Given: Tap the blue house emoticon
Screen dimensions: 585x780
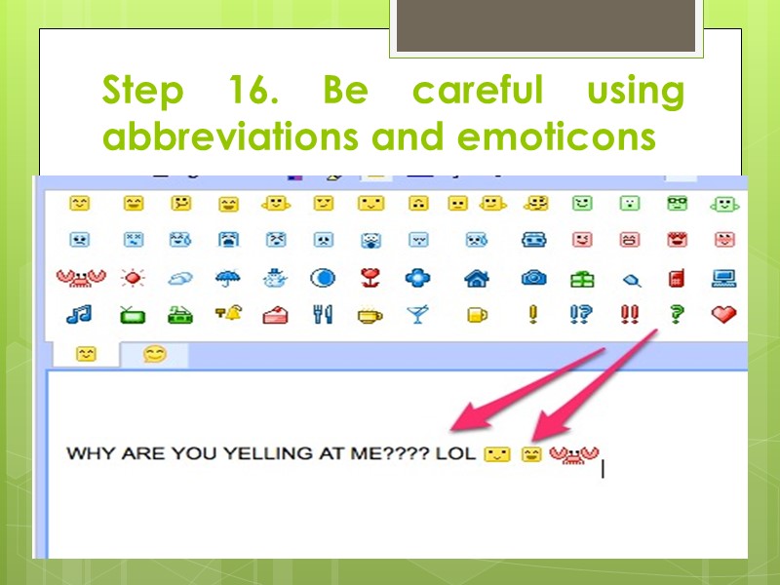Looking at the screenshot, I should [476, 279].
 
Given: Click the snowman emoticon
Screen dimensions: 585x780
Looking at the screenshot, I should [275, 279].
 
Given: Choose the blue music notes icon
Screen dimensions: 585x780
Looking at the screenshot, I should [79, 314].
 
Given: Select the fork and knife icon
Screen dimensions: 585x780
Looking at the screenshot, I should [323, 314].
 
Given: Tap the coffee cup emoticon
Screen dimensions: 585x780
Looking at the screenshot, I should [370, 314].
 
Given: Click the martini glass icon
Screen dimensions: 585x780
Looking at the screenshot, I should [417, 314].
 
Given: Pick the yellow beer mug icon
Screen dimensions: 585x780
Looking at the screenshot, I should [476, 314].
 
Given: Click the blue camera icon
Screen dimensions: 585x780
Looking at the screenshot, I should [533, 279].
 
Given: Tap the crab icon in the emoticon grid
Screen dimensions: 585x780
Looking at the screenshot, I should [78, 279].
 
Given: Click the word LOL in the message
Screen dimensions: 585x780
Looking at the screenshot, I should [457, 454].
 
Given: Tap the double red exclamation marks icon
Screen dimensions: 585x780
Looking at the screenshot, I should [630, 314].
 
